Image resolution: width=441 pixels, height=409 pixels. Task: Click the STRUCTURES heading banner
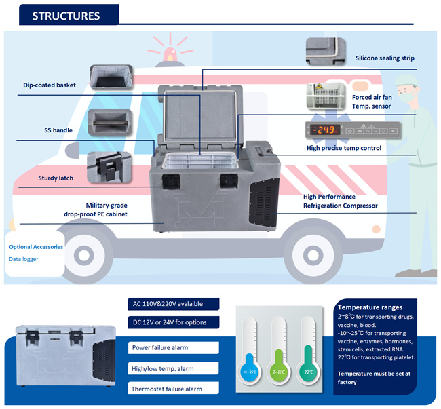[x=66, y=16]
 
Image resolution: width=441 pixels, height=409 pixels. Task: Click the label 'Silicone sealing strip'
[x=385, y=58]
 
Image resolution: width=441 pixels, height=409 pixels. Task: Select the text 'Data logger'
[x=24, y=259]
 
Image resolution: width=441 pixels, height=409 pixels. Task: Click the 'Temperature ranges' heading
[x=370, y=307]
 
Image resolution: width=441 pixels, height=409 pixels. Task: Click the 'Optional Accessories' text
[x=37, y=247]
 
